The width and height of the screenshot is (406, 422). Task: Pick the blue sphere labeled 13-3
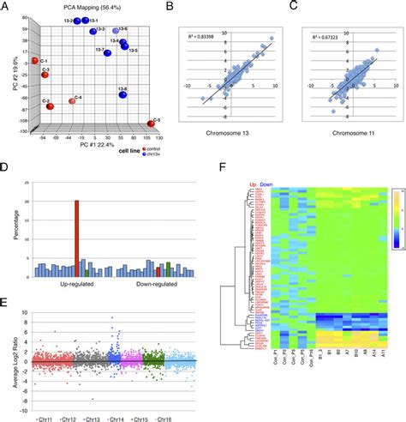(x=95, y=32)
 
